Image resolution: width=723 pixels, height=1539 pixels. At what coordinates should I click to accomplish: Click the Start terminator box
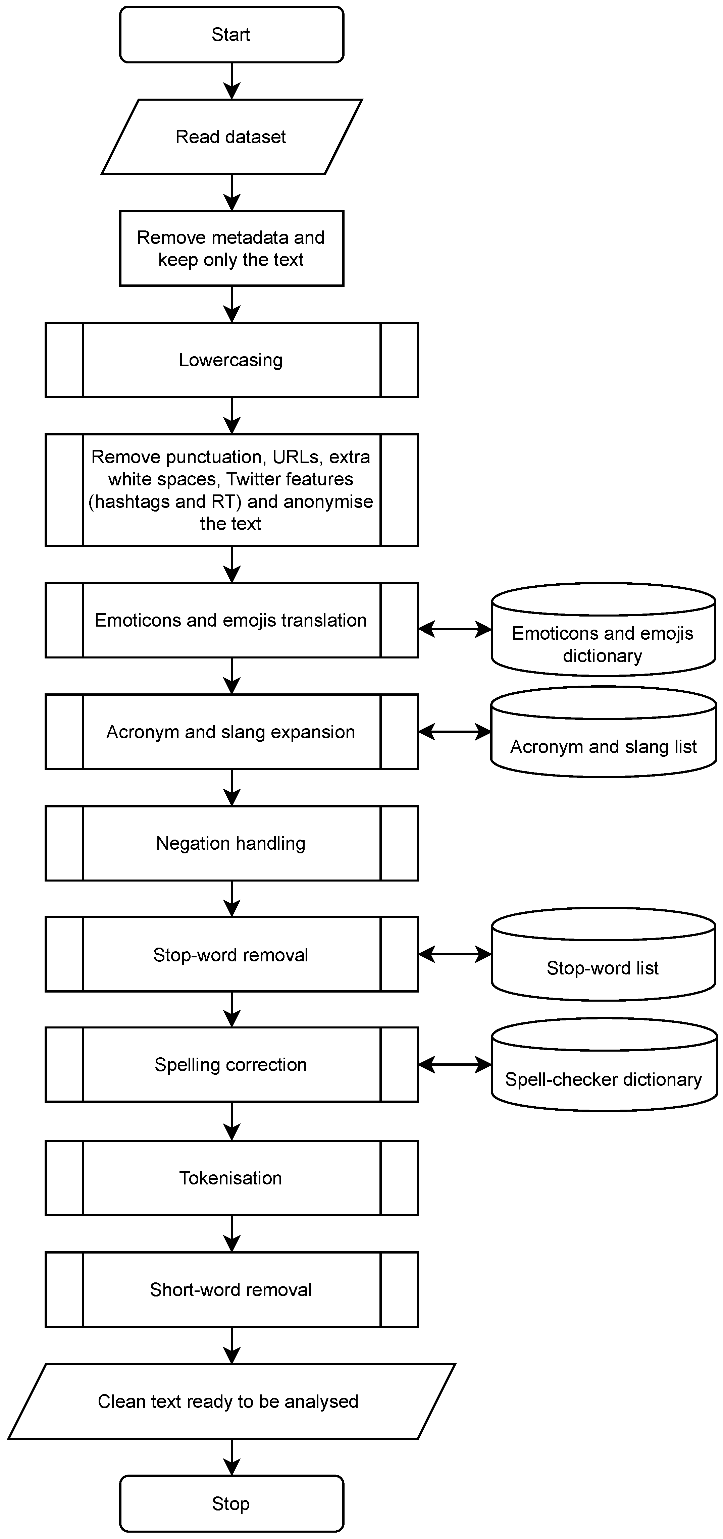(x=231, y=35)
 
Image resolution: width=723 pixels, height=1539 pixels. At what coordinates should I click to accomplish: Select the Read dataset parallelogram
(x=231, y=137)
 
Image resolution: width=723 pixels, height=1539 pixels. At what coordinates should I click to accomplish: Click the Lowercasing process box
(x=231, y=360)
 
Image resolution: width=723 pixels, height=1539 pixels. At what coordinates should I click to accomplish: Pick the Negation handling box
(x=231, y=843)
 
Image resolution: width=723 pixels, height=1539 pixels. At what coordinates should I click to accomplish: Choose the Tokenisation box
(x=231, y=1177)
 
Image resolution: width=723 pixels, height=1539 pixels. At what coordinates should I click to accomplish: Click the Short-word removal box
(x=231, y=1289)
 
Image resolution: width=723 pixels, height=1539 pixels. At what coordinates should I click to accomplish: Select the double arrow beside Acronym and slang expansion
(x=455, y=732)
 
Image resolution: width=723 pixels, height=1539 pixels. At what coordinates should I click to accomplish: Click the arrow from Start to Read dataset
(x=231, y=81)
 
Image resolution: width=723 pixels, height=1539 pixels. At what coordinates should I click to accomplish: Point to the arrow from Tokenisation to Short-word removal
(x=231, y=1233)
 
